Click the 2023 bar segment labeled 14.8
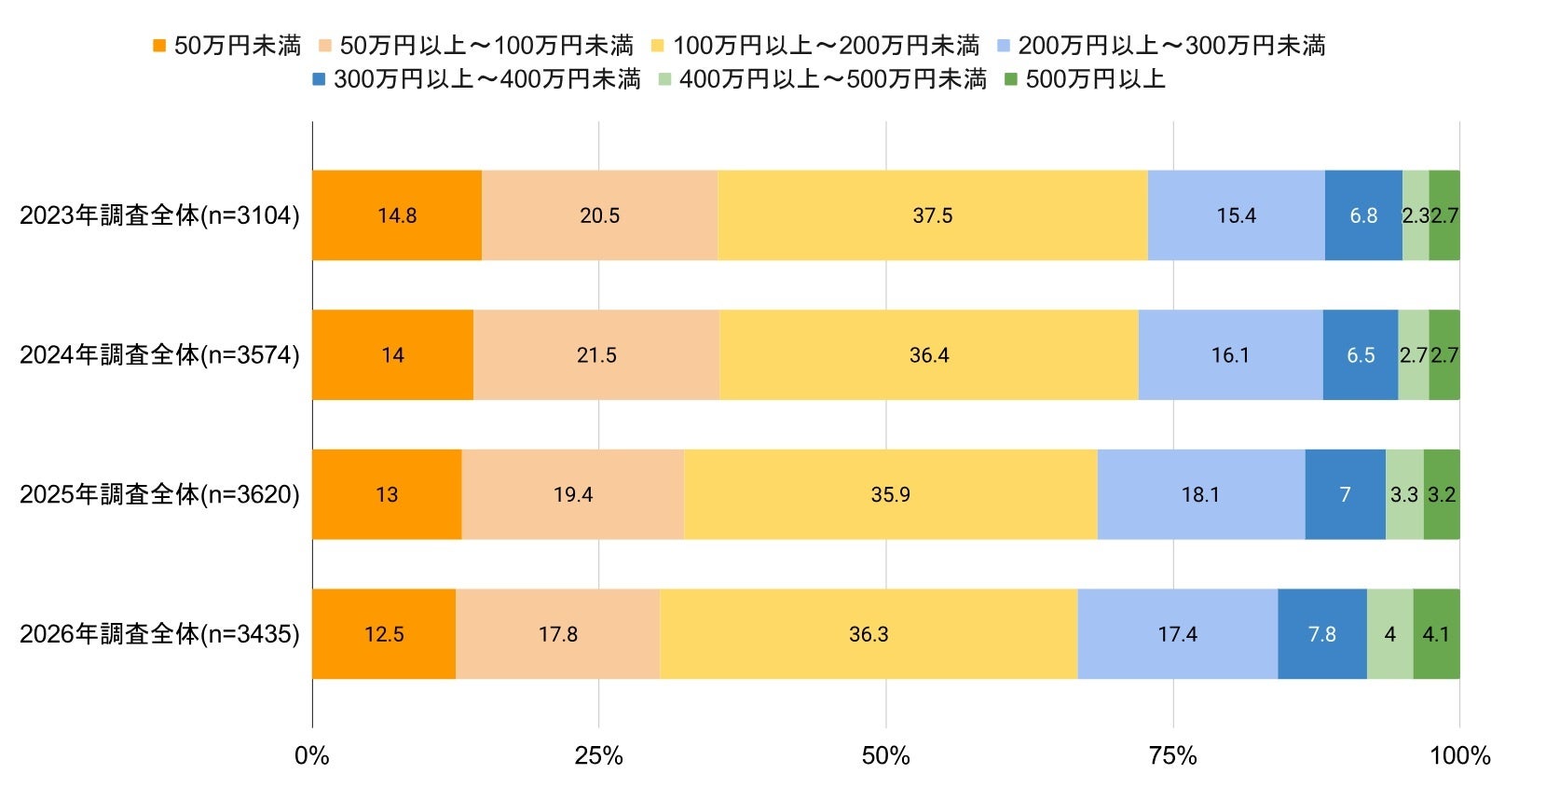[397, 214]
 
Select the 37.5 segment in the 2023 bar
[933, 214]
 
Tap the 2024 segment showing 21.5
[596, 354]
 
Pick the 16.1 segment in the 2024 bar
[1231, 354]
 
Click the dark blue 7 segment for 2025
[1345, 494]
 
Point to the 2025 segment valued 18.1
[1201, 494]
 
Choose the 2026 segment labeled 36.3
[869, 633]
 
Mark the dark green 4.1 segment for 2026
[1436, 633]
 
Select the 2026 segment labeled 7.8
[1322, 633]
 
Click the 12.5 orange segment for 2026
[384, 633]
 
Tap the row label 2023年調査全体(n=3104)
[159, 215]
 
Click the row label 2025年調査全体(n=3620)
[159, 494]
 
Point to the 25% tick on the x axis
[598, 755]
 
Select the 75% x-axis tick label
[1172, 755]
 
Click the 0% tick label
[312, 755]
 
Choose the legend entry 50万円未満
[227, 46]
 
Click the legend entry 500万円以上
[1085, 79]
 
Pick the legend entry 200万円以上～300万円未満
[1161, 46]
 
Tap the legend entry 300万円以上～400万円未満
[477, 79]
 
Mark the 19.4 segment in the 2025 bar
[573, 494]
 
